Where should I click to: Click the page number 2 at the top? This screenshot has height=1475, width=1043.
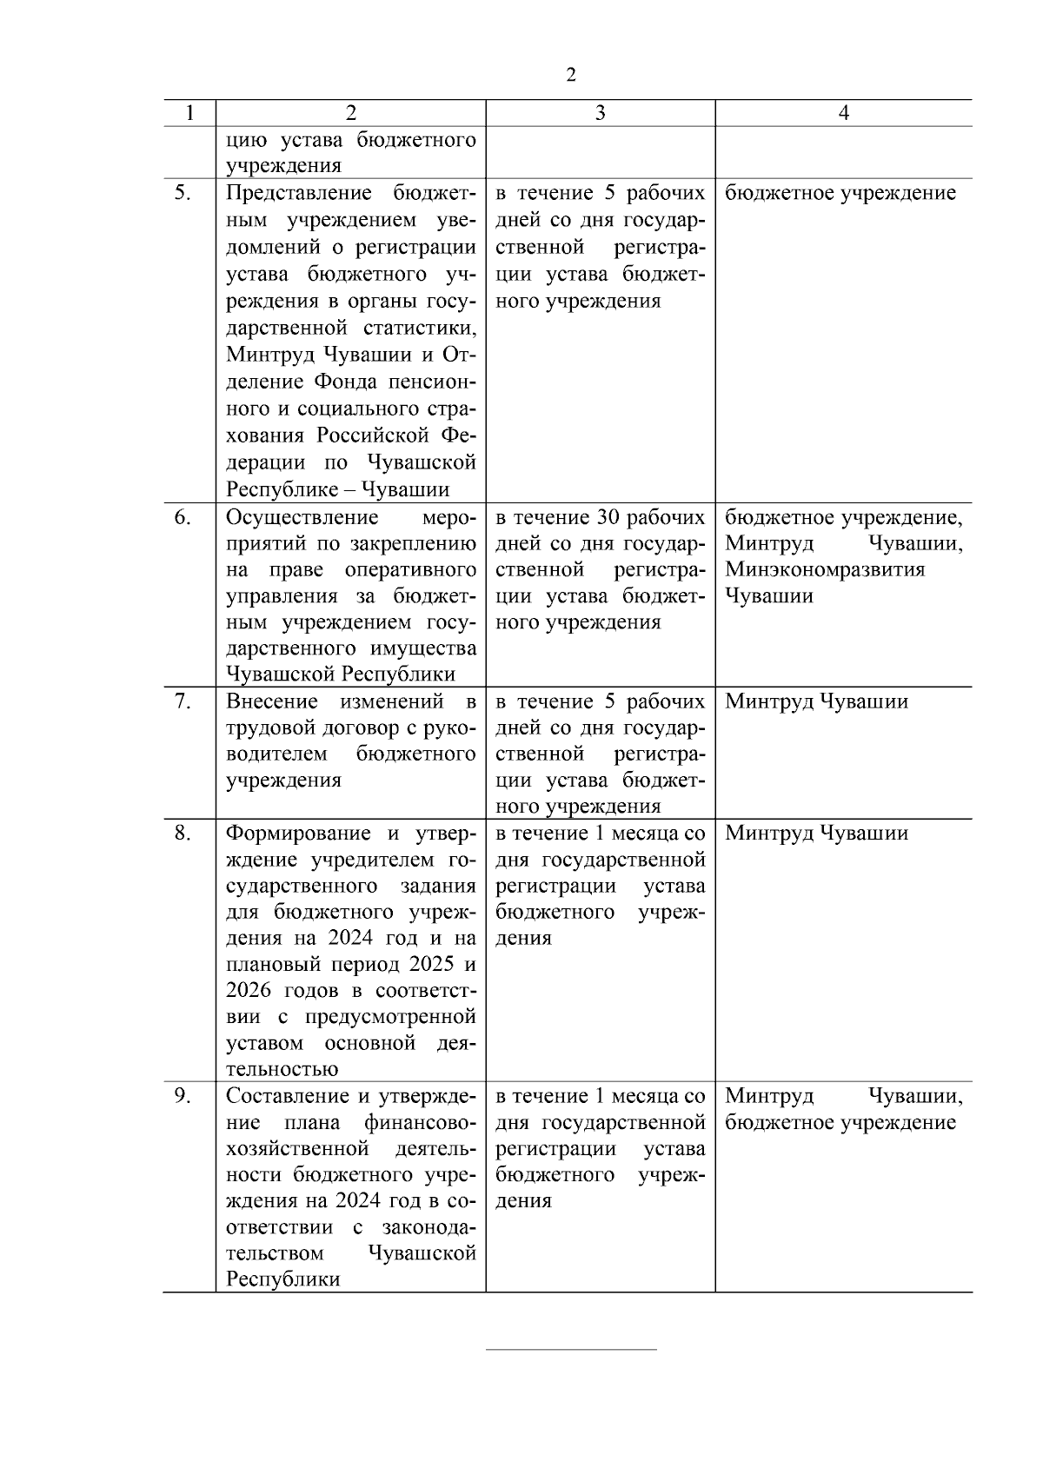tap(571, 75)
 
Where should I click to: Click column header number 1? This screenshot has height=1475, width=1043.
tap(189, 113)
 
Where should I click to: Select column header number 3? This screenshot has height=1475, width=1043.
tap(600, 113)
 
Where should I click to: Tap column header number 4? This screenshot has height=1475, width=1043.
tap(843, 113)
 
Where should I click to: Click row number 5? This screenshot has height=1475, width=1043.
tap(182, 193)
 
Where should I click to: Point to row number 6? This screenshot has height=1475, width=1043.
tap(182, 518)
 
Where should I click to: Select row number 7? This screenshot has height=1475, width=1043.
tap(182, 701)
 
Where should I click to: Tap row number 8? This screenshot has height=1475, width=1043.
tap(182, 834)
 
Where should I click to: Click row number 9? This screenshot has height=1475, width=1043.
tap(182, 1096)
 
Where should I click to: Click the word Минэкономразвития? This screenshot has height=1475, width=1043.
tap(825, 570)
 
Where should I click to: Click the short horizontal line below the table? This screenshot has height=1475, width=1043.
tap(571, 1350)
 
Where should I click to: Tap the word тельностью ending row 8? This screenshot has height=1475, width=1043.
tap(282, 1070)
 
